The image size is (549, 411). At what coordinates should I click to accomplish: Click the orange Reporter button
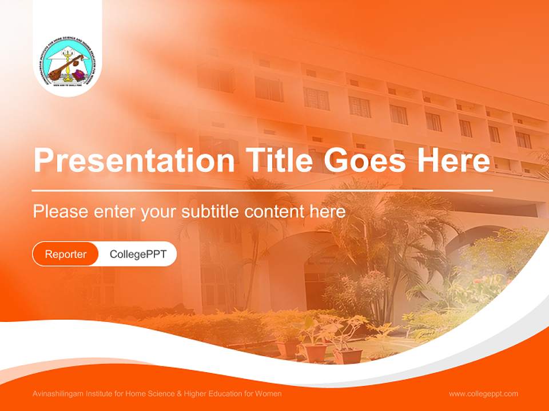[x=66, y=254]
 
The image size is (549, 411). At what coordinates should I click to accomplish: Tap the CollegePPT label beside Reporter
[x=138, y=254]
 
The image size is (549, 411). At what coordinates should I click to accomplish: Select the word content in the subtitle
[x=275, y=212]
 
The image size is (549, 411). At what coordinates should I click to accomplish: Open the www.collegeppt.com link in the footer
[x=483, y=394]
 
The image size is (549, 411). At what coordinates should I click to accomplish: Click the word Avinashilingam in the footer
[x=57, y=394]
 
